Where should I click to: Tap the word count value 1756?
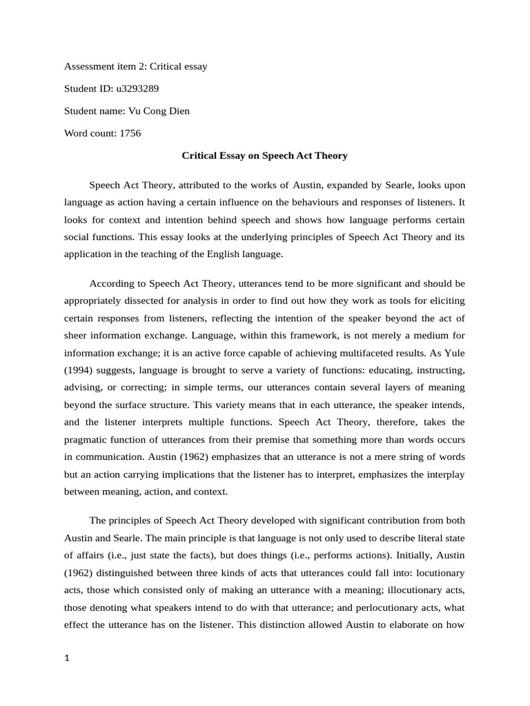[x=130, y=133]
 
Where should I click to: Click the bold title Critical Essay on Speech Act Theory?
[x=264, y=156]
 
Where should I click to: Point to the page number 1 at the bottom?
[x=67, y=658]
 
